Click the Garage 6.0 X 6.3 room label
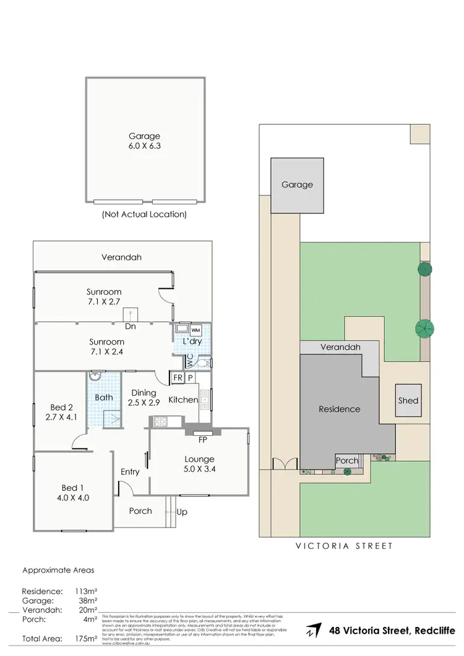[x=144, y=141]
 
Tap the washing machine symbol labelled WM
[x=195, y=330]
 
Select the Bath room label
[x=103, y=397]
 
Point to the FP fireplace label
[x=202, y=441]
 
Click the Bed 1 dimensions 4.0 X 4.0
[x=75, y=496]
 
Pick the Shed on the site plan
[x=408, y=400]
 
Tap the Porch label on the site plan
[x=346, y=461]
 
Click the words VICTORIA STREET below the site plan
[x=344, y=546]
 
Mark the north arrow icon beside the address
[x=313, y=631]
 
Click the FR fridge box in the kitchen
[x=178, y=378]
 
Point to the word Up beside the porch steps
[x=182, y=512]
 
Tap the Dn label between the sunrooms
[x=130, y=326]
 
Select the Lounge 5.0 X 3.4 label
[x=199, y=464]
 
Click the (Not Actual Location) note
[x=144, y=215]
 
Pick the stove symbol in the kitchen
[x=160, y=422]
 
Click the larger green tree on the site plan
[x=425, y=328]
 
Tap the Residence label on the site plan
[x=339, y=409]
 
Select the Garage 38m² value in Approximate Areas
[x=85, y=600]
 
